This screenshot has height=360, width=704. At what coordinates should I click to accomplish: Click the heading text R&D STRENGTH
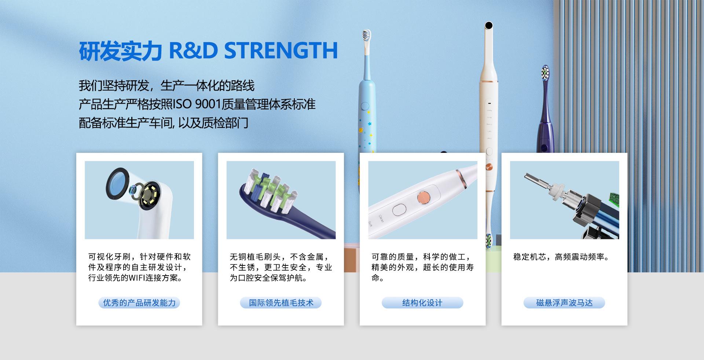pos(253,51)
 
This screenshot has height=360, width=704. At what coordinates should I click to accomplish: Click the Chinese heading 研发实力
pos(120,51)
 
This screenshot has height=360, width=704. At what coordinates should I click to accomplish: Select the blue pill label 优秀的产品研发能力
pos(139,303)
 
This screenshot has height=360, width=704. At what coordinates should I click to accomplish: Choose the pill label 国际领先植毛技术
pos(281,303)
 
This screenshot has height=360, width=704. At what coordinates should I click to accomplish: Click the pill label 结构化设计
pos(422,303)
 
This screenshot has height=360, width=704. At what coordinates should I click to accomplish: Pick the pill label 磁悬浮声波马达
pos(564,303)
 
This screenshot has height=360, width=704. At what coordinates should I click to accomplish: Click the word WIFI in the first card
pos(136,278)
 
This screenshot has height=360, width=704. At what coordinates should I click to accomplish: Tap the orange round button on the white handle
pos(423,198)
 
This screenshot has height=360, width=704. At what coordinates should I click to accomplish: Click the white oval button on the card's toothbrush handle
pos(399,210)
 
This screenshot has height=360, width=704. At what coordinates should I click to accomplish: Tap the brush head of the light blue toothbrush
pos(366,35)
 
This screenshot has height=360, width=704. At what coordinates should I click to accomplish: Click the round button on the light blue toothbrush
pos(365,106)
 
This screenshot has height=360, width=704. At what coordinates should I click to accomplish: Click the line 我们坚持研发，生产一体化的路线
pos(166,86)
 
